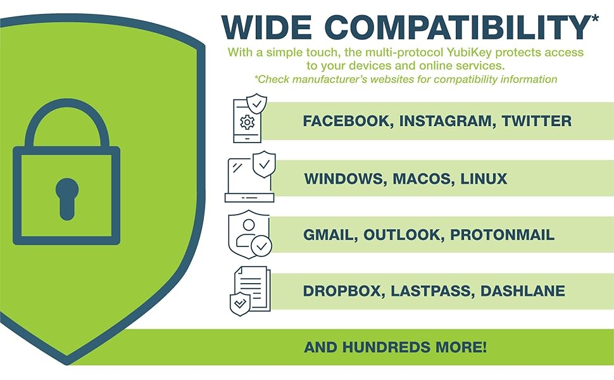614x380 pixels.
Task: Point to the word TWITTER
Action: [x=537, y=121]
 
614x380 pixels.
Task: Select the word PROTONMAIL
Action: [x=502, y=235]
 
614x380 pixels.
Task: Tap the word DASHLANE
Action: [x=523, y=291]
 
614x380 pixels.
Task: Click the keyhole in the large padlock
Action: [x=67, y=196]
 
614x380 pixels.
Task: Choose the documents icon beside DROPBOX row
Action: [x=249, y=290]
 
